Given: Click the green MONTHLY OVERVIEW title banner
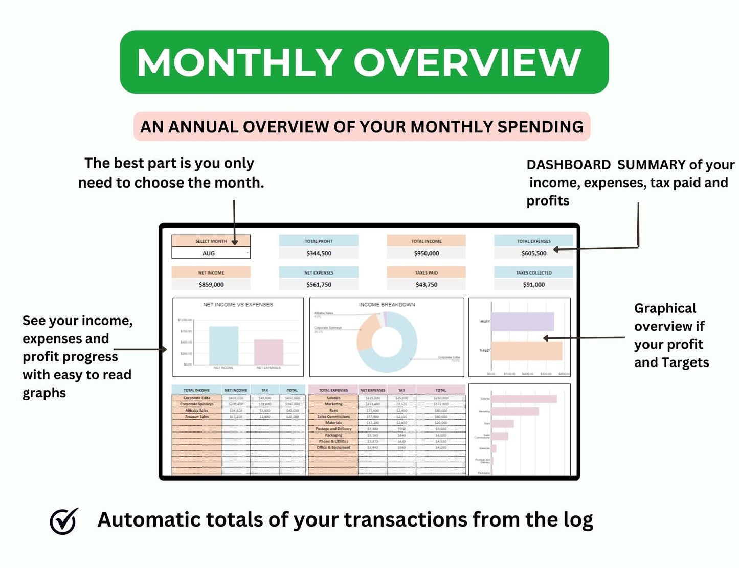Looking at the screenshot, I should [x=364, y=62].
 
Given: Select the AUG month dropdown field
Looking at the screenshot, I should [x=211, y=253].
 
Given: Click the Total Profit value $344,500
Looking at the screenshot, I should [x=319, y=253].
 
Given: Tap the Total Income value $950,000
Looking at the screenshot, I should [x=426, y=253].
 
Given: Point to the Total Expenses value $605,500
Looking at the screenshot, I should [x=533, y=253].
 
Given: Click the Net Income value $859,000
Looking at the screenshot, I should [x=211, y=285].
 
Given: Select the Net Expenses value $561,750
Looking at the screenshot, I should [x=319, y=285].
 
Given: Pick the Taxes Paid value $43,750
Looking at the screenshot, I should [x=426, y=285].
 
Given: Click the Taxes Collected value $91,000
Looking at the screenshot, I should [x=533, y=285].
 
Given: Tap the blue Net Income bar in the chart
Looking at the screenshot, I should [x=223, y=346].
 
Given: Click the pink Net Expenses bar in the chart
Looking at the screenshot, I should [x=268, y=352].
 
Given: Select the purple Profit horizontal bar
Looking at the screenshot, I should [x=522, y=322].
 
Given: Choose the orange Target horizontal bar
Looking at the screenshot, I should [x=526, y=351].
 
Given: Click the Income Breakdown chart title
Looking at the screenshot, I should [x=387, y=305].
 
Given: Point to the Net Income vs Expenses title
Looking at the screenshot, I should [x=238, y=305].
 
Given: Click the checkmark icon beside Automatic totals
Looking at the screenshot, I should [x=64, y=521].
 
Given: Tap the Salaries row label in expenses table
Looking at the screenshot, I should [x=333, y=398].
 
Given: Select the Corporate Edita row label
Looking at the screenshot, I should [x=196, y=398].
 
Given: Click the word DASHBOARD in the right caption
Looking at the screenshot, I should [x=568, y=165].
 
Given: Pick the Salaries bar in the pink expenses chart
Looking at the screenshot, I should [x=524, y=399].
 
